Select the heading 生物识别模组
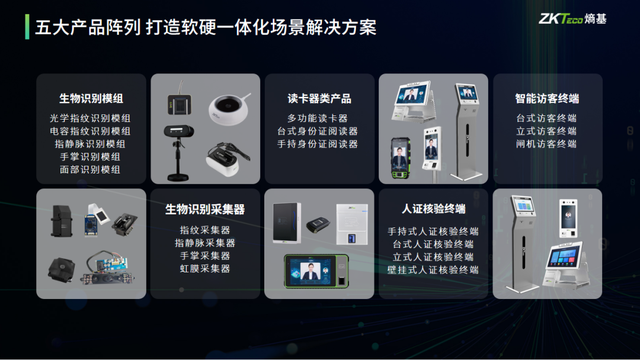91,99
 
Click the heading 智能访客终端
546,99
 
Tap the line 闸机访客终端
546,144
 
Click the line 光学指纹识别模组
91,118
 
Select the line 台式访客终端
546,118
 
